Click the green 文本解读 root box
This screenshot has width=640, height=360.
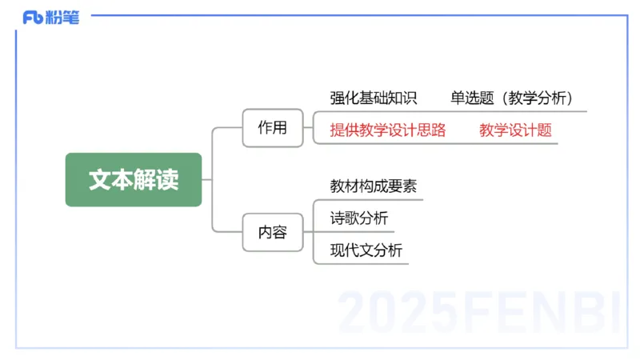pyautogui.click(x=133, y=179)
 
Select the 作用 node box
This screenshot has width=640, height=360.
pyautogui.click(x=272, y=127)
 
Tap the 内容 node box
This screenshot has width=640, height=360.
pyautogui.click(x=272, y=233)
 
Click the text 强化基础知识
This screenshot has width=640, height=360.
pyautogui.click(x=374, y=98)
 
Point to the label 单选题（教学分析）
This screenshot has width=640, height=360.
pyautogui.click(x=512, y=98)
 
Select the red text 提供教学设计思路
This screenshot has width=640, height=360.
pyautogui.click(x=388, y=130)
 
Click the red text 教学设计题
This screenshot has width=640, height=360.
pyautogui.click(x=516, y=130)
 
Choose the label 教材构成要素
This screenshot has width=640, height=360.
pyautogui.click(x=374, y=186)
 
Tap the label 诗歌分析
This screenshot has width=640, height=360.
pyautogui.click(x=359, y=218)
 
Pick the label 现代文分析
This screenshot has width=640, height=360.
pyautogui.click(x=366, y=250)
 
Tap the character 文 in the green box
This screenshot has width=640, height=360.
pyautogui.click(x=99, y=179)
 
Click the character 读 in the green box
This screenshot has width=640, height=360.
pyautogui.click(x=167, y=179)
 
